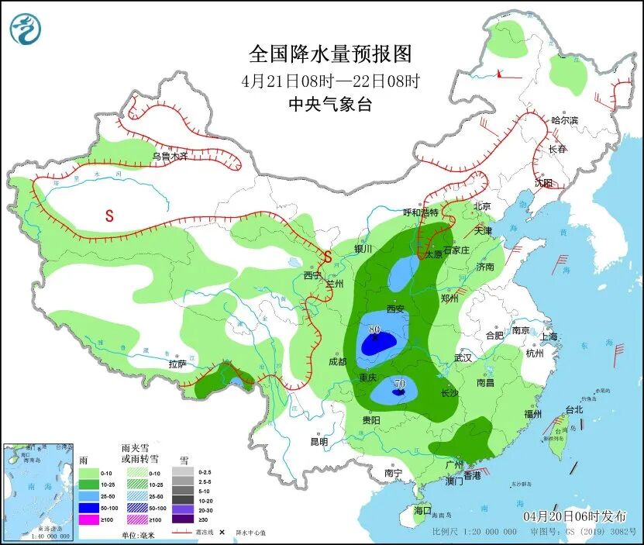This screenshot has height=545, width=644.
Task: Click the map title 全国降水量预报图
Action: pos(329,54)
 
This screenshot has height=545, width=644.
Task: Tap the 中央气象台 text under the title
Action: pos(329,105)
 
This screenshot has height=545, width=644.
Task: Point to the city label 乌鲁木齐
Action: pos(170,156)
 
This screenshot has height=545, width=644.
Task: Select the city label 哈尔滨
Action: pos(564,120)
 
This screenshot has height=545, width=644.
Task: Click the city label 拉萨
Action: pos(177,364)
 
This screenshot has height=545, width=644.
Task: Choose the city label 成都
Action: pos(337,361)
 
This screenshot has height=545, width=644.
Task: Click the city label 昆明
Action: pos(319,442)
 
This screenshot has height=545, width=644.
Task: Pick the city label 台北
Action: pos(573,409)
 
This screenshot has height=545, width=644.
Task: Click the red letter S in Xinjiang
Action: pos(109,216)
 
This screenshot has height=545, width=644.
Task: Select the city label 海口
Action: pos(422,511)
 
